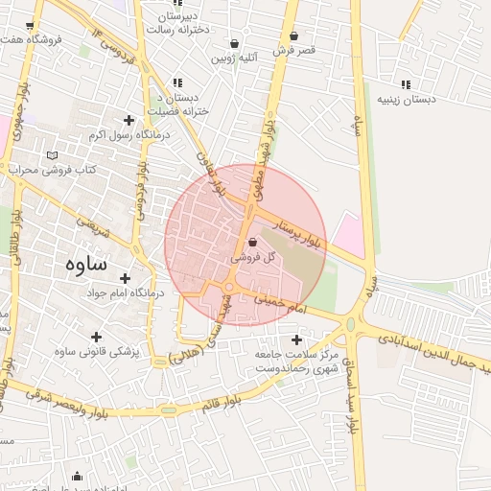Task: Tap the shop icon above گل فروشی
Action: click(252, 244)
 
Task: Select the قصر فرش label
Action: click(292, 49)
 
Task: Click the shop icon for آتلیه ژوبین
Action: click(235, 43)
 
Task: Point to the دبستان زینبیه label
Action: click(406, 99)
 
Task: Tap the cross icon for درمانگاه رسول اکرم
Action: click(129, 120)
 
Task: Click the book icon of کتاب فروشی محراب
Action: click(52, 155)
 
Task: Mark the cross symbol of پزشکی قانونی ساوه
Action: click(95, 337)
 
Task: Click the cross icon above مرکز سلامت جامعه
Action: click(296, 339)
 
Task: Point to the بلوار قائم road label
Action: click(220, 404)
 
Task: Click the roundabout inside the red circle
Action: click(229, 288)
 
